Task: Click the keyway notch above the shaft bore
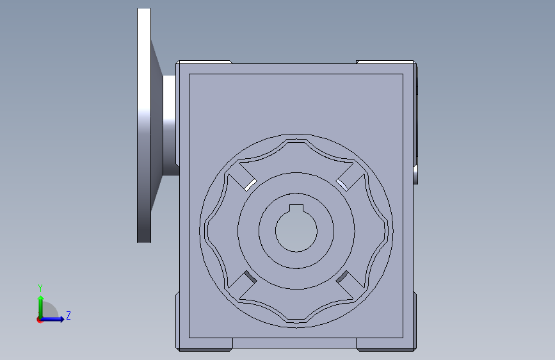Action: [296, 208]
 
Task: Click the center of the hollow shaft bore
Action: [296, 231]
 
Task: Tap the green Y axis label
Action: [40, 288]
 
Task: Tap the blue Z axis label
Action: [68, 315]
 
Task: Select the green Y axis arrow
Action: [41, 307]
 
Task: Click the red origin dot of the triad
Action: [39, 320]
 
